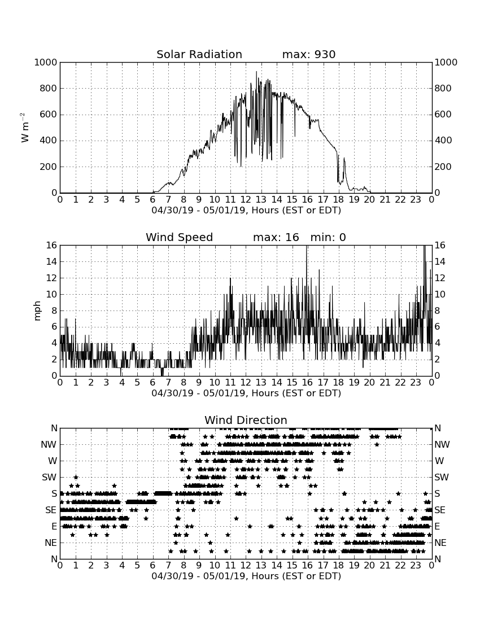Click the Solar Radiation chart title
(x=199, y=54)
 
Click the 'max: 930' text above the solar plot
(x=309, y=54)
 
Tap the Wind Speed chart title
(x=180, y=237)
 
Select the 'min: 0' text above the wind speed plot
(x=328, y=237)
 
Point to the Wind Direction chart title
(x=246, y=420)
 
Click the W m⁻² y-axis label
(x=24, y=128)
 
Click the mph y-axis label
(x=37, y=311)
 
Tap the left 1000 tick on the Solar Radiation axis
(x=46, y=62)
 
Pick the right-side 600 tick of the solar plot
(x=443, y=115)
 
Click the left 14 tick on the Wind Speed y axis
(x=51, y=262)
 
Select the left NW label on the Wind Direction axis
(x=49, y=445)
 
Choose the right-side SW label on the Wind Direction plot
(x=441, y=477)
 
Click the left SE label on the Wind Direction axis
(x=51, y=510)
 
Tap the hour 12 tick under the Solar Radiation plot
(x=246, y=199)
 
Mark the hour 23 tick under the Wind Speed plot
(x=416, y=382)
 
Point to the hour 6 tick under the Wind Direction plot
(x=153, y=565)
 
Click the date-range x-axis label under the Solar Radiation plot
(x=246, y=210)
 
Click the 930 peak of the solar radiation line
(x=256, y=72)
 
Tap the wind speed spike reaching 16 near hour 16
(x=307, y=246)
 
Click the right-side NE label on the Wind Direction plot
(x=440, y=543)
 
